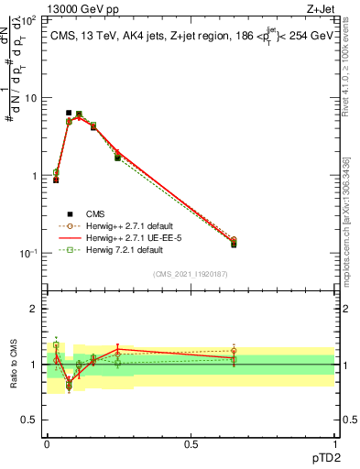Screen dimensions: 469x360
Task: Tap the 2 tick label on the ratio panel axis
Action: pos(34,309)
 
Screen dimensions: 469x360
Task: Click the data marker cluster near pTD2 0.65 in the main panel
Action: pos(234,242)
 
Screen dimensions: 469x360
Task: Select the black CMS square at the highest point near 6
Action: pos(69,113)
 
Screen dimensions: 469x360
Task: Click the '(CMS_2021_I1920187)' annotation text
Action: pos(190,274)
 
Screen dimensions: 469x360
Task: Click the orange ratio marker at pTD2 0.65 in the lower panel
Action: pos(234,351)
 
